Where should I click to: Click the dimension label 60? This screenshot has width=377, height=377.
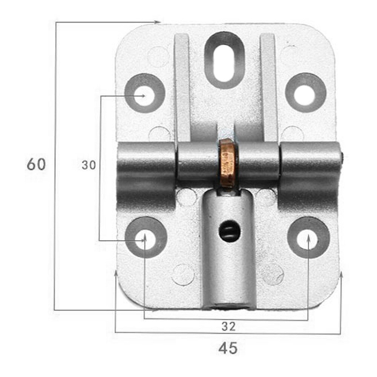tap(36, 165)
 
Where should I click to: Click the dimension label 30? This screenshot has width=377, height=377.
tap(89, 165)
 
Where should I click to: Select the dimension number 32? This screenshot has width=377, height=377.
tap(228, 326)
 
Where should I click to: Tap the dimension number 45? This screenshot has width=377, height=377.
tap(228, 348)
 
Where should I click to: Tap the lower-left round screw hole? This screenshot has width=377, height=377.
tap(145, 238)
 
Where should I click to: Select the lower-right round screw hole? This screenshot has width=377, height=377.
tap(308, 238)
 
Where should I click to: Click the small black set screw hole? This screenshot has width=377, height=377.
tap(228, 231)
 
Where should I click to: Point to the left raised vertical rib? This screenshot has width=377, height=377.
tap(182, 87)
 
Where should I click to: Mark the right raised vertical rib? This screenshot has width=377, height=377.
tap(269, 87)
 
